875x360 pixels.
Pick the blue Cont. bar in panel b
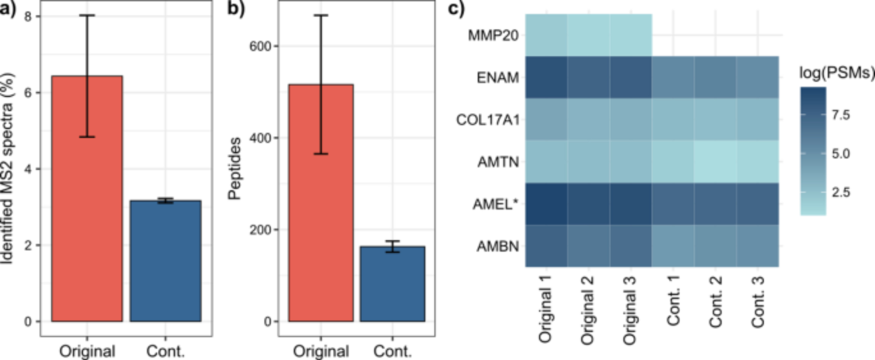tap(392, 284)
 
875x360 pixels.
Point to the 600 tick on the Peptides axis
tap(260, 46)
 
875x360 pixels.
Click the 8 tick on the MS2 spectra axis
tap(28, 17)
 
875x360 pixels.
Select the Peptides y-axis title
tap(235, 168)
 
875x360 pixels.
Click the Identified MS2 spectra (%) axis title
tap(7, 168)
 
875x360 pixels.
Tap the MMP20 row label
tap(493, 35)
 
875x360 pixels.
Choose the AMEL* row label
tap(495, 204)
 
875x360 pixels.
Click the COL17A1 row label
tap(488, 120)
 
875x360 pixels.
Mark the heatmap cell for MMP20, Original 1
tap(546, 35)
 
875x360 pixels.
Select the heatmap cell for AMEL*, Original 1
tap(546, 204)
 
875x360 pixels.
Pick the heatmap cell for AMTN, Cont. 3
tap(757, 161)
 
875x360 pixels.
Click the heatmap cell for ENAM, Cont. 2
tap(715, 77)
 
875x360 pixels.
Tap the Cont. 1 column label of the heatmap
tap(673, 301)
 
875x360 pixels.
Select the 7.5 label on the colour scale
tap(840, 115)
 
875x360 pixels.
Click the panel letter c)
tap(456, 9)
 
